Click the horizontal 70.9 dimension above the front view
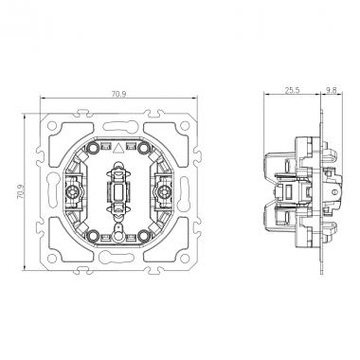click(x=115, y=93)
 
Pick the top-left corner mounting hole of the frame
click(x=54, y=124)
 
